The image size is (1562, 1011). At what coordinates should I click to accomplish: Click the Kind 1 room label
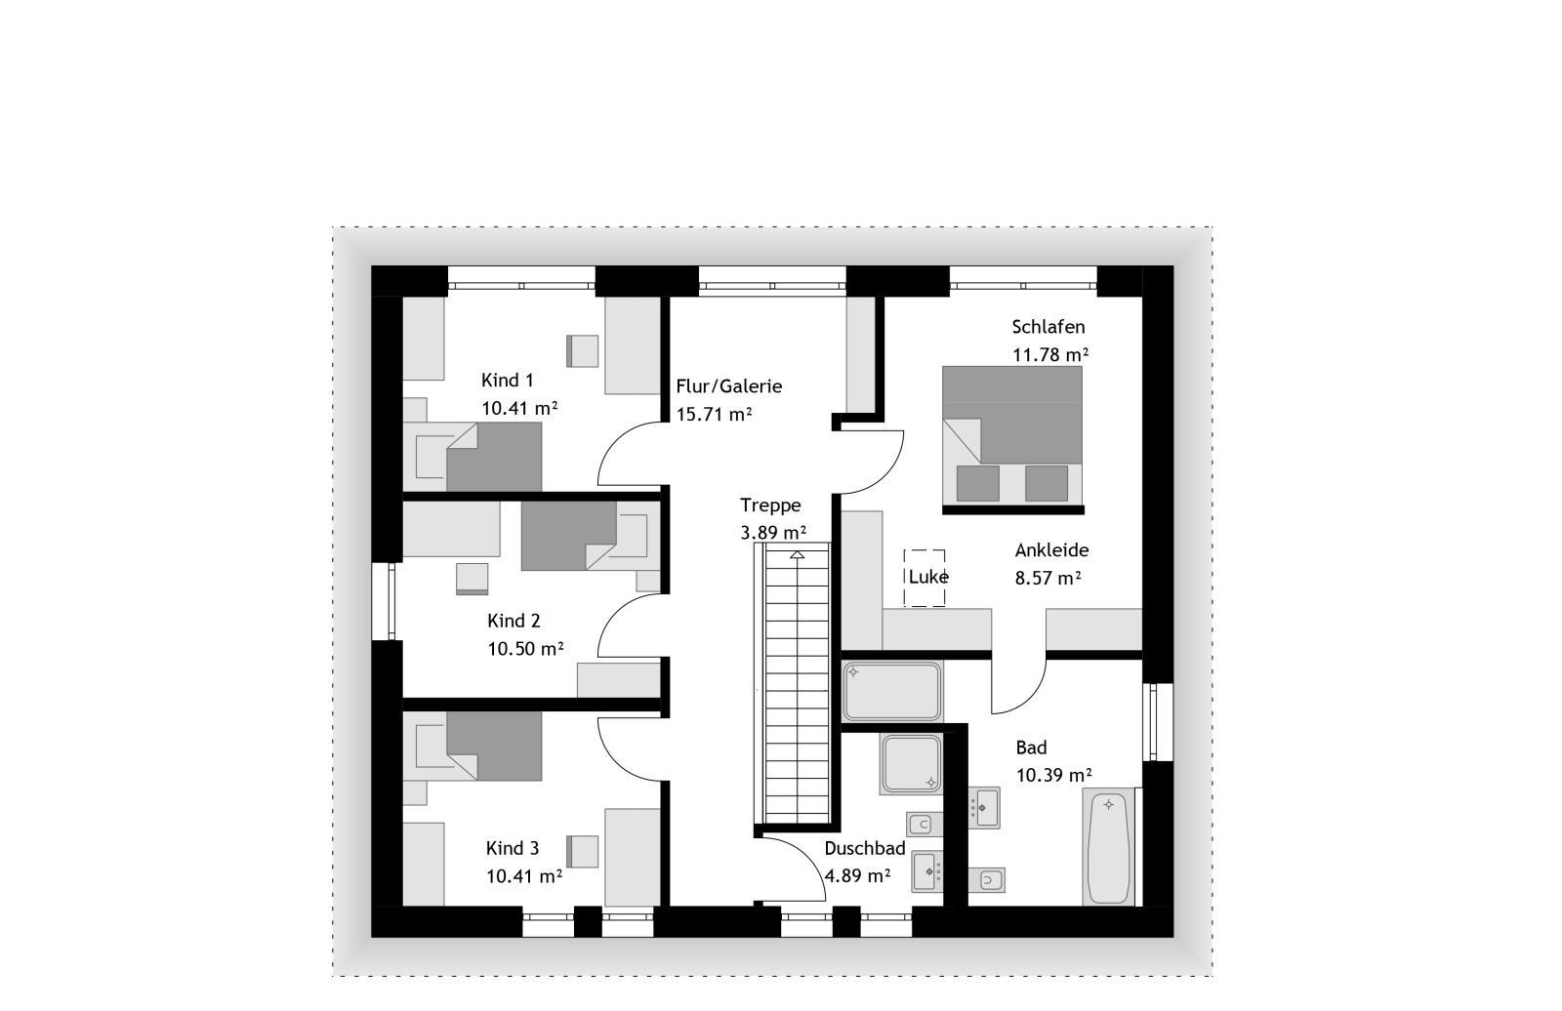[507, 381]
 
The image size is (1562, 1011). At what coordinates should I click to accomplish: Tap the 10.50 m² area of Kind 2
[525, 649]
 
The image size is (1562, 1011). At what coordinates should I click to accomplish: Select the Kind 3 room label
[512, 849]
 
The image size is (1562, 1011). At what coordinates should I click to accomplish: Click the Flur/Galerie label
[728, 386]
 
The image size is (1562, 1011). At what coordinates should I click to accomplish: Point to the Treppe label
[770, 505]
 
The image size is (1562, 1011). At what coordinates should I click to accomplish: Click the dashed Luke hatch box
[925, 577]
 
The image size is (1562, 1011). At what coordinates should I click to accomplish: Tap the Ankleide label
[1051, 550]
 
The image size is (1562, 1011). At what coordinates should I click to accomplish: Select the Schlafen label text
[1048, 327]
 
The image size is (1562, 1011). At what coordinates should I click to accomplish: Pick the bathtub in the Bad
[1108, 847]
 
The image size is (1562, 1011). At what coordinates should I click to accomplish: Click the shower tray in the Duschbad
[911, 764]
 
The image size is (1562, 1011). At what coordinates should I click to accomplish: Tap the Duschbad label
[864, 849]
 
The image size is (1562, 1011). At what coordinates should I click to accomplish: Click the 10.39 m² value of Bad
[1053, 776]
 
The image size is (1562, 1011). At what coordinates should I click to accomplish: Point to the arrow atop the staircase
[798, 555]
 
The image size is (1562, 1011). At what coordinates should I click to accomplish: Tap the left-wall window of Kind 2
[388, 601]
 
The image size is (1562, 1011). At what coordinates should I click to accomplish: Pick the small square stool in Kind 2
[472, 578]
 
